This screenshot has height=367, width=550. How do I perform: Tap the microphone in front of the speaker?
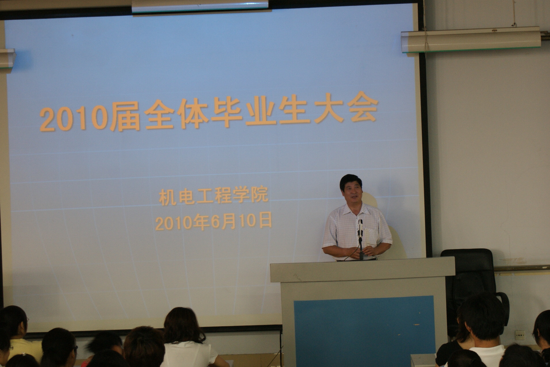360,229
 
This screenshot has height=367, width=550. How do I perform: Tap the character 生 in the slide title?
294,110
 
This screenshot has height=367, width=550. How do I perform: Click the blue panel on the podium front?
364,331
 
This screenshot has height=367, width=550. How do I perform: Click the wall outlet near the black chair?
520,335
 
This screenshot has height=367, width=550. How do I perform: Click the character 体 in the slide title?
193,114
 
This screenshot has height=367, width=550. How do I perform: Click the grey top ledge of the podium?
363,270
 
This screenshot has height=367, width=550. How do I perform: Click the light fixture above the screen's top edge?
200,6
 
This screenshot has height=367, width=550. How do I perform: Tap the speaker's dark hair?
351,181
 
